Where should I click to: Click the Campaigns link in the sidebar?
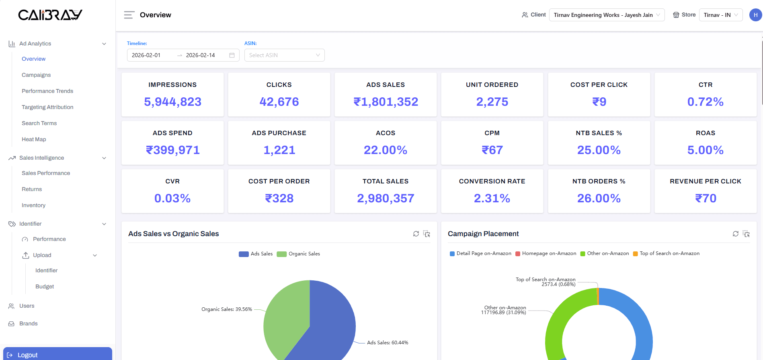(x=36, y=75)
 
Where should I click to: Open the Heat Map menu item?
(x=34, y=139)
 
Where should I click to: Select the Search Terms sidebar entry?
(x=39, y=123)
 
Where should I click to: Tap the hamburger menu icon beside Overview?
(x=129, y=15)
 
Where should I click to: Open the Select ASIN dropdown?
(x=284, y=55)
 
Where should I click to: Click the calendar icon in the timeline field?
(x=232, y=55)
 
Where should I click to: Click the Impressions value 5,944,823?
(x=172, y=102)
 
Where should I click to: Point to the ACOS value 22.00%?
(x=385, y=150)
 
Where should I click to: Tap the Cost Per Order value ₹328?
(x=279, y=198)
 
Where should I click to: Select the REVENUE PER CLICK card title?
(x=705, y=181)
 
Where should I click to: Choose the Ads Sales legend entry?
(x=256, y=254)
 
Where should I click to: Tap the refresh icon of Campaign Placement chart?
(x=735, y=234)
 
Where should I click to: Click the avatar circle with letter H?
(x=755, y=15)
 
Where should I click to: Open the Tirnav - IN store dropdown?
(x=720, y=15)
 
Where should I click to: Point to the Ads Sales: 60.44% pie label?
(x=387, y=343)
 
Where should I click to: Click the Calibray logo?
(x=50, y=15)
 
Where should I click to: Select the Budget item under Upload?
(x=45, y=286)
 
